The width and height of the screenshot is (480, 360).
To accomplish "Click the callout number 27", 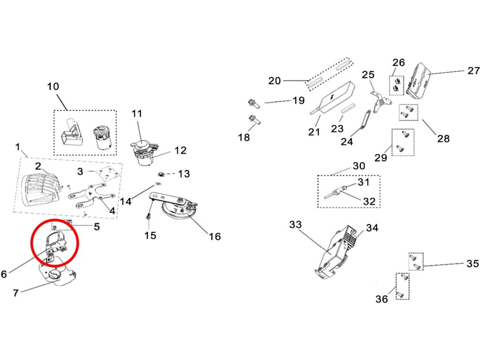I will (x=473, y=71).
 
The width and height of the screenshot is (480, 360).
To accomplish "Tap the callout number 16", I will (x=215, y=236).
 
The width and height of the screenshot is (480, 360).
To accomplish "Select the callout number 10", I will (x=53, y=87).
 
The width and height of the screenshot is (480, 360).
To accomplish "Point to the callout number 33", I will (x=295, y=225).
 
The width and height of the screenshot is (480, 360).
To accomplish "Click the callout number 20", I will (x=275, y=81).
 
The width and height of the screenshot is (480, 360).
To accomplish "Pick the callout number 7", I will (x=15, y=293).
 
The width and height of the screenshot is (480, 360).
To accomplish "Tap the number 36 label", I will (x=382, y=299).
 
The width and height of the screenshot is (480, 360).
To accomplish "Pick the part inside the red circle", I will (x=56, y=243).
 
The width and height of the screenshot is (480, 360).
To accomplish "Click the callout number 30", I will (x=359, y=166).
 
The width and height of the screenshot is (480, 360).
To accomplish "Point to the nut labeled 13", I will (x=161, y=173).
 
